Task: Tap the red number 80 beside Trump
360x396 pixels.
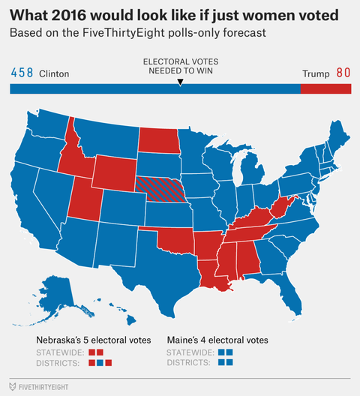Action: [343, 73]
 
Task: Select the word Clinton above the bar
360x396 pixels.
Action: [53, 74]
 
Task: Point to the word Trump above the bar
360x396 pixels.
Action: [315, 74]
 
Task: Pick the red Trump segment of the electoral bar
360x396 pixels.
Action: [325, 89]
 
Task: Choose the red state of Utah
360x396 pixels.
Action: [83, 202]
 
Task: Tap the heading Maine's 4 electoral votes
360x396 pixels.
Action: [217, 340]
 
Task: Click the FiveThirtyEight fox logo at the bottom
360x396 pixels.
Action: [14, 387]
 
